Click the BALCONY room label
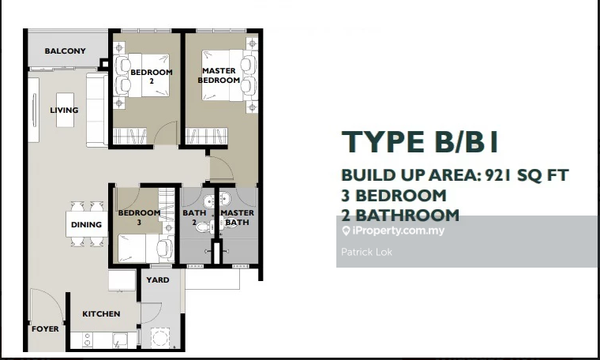tap(65, 51)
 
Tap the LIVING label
tap(64, 111)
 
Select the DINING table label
tap(87, 224)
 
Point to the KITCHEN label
tap(101, 313)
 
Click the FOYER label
tap(45, 329)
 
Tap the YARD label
tap(158, 280)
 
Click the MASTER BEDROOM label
tap(219, 75)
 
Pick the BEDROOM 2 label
tap(152, 76)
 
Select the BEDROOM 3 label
tap(139, 217)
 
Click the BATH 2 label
tap(194, 217)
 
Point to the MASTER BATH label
tap(238, 217)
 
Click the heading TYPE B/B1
tap(420, 142)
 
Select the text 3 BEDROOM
tap(394, 196)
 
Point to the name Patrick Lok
tap(366, 252)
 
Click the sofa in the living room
tap(97, 111)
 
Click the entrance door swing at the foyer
tap(46, 305)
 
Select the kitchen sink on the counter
tap(120, 339)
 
